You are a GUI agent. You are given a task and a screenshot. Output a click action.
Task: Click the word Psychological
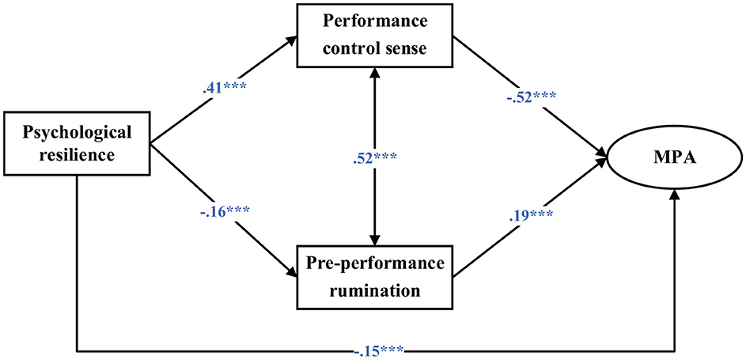pos(76,131)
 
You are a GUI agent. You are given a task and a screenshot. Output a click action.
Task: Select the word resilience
pos(76,154)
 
